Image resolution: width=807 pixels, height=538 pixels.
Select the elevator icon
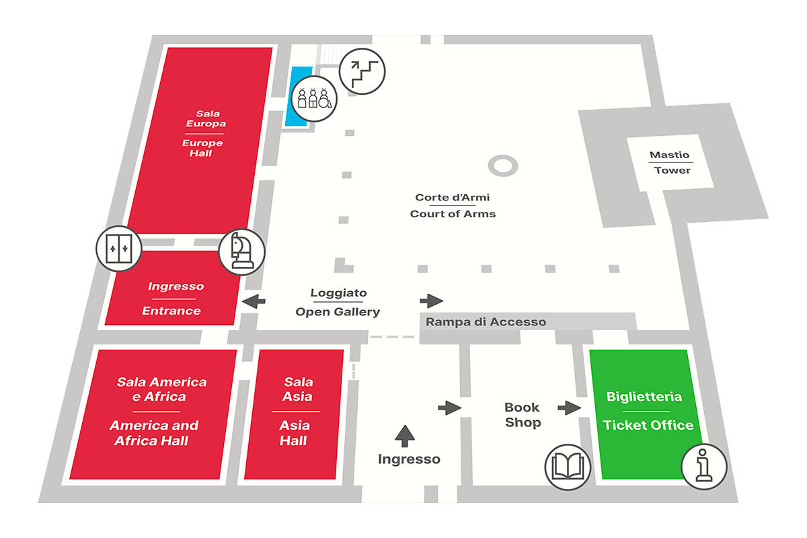(x=119, y=248)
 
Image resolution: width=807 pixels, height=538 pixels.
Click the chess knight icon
(x=242, y=252)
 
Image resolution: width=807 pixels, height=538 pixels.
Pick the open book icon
(x=568, y=467)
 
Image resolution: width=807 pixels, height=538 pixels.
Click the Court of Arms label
(x=453, y=206)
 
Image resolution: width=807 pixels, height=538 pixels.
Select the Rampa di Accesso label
(x=486, y=322)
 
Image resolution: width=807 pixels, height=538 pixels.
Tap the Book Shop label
(x=523, y=415)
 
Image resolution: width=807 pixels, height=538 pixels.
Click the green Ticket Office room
(x=646, y=377)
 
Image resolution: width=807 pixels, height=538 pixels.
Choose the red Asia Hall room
(x=293, y=414)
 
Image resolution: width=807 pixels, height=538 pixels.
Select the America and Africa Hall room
(x=154, y=412)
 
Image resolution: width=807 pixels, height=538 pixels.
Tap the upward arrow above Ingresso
(x=405, y=436)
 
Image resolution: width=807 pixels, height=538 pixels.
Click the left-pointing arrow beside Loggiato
(x=253, y=301)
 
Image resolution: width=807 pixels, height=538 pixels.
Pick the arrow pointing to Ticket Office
(x=569, y=407)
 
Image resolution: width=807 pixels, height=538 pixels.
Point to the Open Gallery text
(x=338, y=311)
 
